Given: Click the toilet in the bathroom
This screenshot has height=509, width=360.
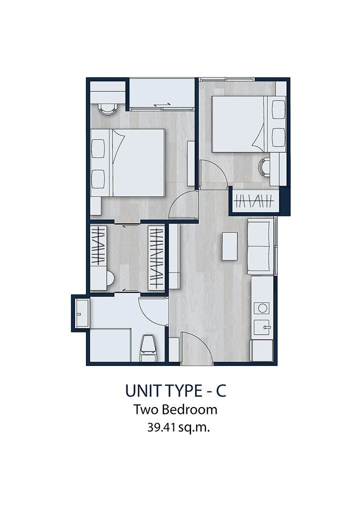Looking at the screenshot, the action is point(148,347).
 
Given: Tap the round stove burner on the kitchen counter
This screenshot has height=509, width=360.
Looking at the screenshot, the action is point(261,307).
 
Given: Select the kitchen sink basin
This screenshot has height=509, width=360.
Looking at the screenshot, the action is point(262,327).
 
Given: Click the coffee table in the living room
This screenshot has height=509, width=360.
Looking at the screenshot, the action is point(230,245).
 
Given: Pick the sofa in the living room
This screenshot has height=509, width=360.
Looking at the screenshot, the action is point(260,245).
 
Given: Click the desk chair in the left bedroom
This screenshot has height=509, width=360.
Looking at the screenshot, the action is point(107,108).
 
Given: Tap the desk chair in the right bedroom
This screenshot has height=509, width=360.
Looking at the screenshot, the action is point(264,168).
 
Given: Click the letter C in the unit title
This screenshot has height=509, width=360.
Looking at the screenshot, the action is point(221,391).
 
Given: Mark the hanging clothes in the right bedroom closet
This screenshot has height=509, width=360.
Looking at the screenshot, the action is point(253,201).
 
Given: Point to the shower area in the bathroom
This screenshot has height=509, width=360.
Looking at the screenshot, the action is point(110,345).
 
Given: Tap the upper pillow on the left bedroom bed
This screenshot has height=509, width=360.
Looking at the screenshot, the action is point(98,148).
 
